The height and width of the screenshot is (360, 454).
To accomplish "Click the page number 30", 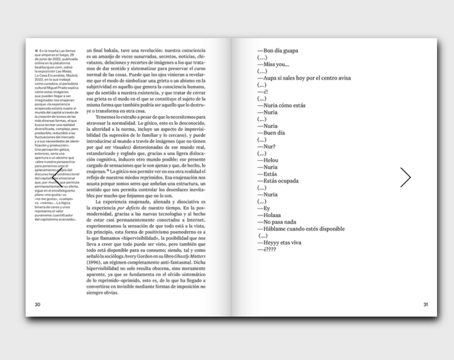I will pos(37,304).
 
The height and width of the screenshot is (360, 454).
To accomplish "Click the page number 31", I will pos(426,304).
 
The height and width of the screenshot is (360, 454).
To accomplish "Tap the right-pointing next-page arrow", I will pos(406,177).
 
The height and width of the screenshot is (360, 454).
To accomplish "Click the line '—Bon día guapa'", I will pos(278,51).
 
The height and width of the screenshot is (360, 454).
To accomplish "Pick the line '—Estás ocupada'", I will pos(278,181).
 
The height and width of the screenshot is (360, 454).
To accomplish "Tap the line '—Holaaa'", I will pos(269,215).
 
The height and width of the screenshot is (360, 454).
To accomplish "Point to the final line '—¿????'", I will pos(266,249).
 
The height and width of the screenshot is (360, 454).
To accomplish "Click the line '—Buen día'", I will pos(271,133).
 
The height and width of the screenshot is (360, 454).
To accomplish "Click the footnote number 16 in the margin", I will pos(36,50).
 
